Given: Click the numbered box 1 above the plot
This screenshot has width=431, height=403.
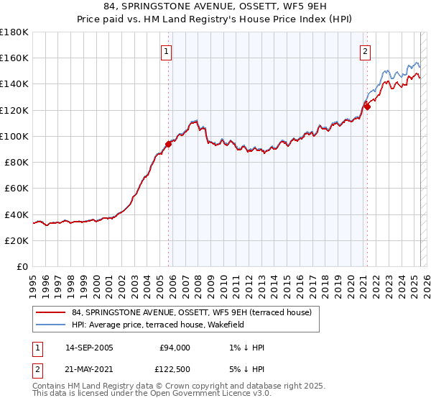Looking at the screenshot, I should (166, 51).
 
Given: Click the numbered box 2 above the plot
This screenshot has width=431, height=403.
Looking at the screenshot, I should (365, 51).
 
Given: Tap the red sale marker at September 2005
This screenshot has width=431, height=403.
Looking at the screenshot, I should (168, 143).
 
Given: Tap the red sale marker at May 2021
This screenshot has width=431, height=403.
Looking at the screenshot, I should (366, 107).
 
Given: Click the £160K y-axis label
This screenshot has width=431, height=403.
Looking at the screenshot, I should (14, 58).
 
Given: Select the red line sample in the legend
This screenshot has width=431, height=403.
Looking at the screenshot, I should (51, 313).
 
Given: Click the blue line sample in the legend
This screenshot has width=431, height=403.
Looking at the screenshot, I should (51, 325).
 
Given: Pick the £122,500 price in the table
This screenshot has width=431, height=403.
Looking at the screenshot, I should (175, 369).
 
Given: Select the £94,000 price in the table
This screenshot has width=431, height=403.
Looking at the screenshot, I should (175, 348).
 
